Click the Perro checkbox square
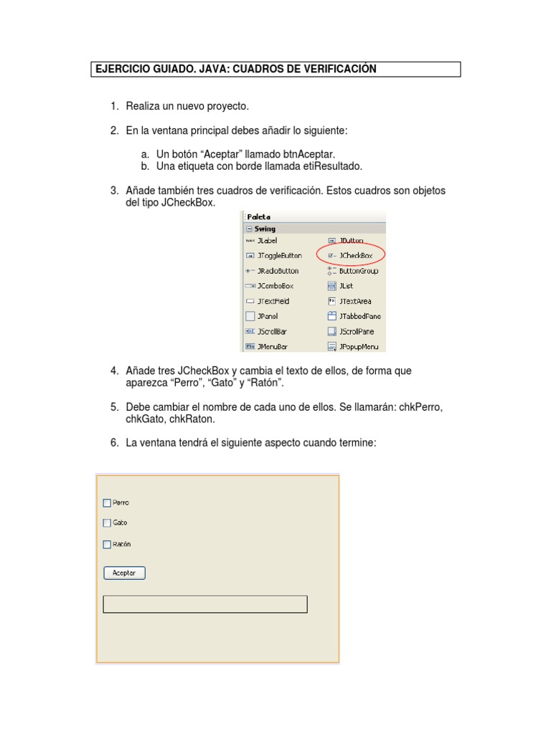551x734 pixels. tap(107, 502)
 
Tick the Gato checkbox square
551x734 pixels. tap(107, 523)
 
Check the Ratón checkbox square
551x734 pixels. tap(107, 544)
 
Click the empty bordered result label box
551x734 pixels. tap(205, 604)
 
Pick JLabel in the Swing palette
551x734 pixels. tap(267, 241)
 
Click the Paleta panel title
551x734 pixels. tap(259, 216)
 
